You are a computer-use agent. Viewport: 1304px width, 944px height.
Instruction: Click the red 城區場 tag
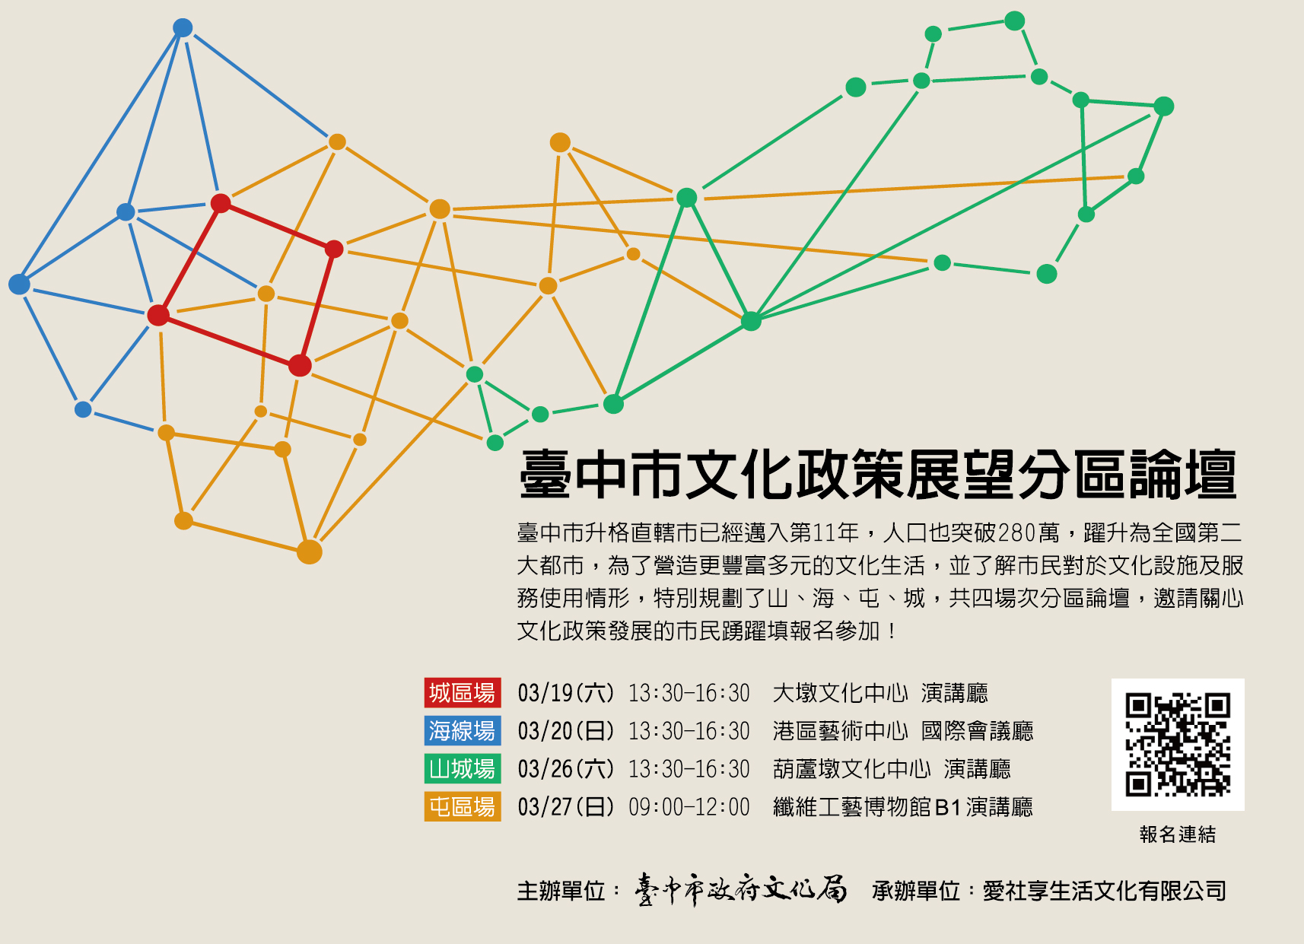463,692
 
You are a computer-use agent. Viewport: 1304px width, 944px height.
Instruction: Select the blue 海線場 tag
463,730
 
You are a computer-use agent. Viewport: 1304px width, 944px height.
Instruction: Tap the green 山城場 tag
463,769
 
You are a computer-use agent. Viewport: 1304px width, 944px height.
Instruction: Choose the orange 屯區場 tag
463,806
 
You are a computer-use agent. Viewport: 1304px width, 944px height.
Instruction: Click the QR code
1178,745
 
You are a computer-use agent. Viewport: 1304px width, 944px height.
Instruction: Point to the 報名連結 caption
1178,834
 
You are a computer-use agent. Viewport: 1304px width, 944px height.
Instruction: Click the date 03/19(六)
566,693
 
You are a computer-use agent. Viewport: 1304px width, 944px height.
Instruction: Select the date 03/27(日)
566,807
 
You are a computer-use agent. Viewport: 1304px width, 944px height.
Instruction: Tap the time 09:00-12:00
689,807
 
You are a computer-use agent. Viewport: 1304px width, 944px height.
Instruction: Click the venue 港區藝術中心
841,731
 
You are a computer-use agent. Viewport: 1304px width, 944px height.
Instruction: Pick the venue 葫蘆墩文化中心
851,769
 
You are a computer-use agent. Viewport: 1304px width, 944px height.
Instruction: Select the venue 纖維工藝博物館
851,807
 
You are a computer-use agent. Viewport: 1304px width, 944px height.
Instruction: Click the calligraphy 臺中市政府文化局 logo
740,890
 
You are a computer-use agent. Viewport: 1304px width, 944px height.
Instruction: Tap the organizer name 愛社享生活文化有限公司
1105,891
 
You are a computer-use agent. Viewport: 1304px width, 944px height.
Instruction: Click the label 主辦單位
561,891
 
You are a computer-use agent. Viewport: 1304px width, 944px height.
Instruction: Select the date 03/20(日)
566,731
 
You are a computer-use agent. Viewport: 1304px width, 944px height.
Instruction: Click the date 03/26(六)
566,769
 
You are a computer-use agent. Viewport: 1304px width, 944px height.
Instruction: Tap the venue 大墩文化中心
841,693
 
